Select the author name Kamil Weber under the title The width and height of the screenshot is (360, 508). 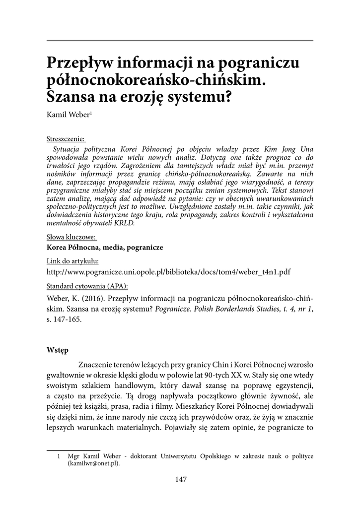68,115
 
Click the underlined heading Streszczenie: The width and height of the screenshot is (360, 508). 66,138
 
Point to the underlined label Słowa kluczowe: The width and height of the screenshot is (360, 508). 71,237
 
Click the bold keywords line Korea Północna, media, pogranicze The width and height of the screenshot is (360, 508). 104,247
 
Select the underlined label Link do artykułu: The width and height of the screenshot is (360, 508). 72,261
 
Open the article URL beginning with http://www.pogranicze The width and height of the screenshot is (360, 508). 168,272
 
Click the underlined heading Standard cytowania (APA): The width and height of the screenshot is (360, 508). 87,286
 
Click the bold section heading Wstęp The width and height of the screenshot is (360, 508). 58,350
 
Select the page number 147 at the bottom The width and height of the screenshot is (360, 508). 180,479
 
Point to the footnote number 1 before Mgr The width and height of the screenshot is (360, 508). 59,455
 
